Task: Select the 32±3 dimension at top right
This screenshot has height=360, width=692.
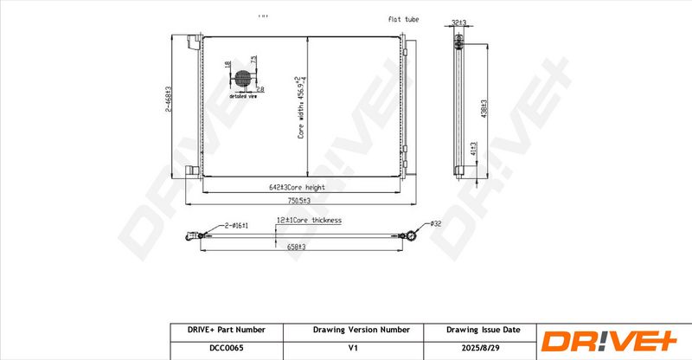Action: [460, 23]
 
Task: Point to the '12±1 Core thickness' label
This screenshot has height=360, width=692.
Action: [309, 221]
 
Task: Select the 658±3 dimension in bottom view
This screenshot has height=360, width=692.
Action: [298, 247]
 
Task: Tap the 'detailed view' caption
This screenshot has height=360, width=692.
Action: [243, 97]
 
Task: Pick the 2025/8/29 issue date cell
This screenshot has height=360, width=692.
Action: [483, 349]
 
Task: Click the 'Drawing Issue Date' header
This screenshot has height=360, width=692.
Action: [483, 330]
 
